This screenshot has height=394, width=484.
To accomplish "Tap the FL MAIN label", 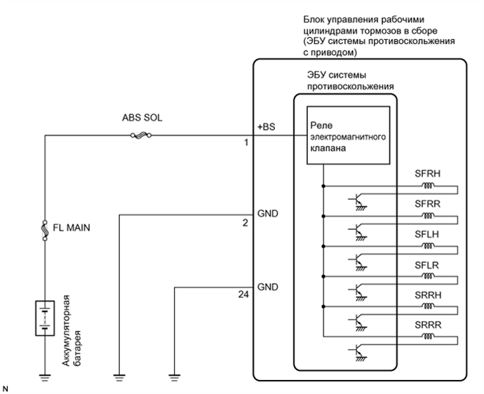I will (75, 227).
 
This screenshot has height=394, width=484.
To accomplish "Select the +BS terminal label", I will (267, 127).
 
